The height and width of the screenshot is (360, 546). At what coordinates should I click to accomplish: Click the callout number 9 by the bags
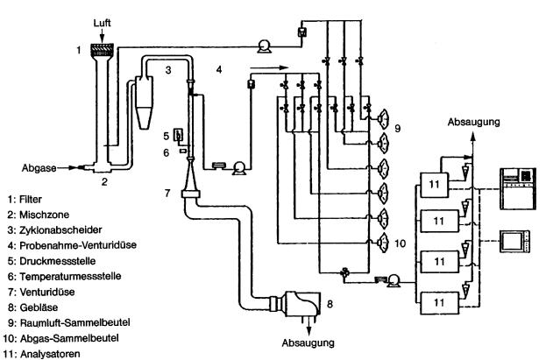[399, 128]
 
